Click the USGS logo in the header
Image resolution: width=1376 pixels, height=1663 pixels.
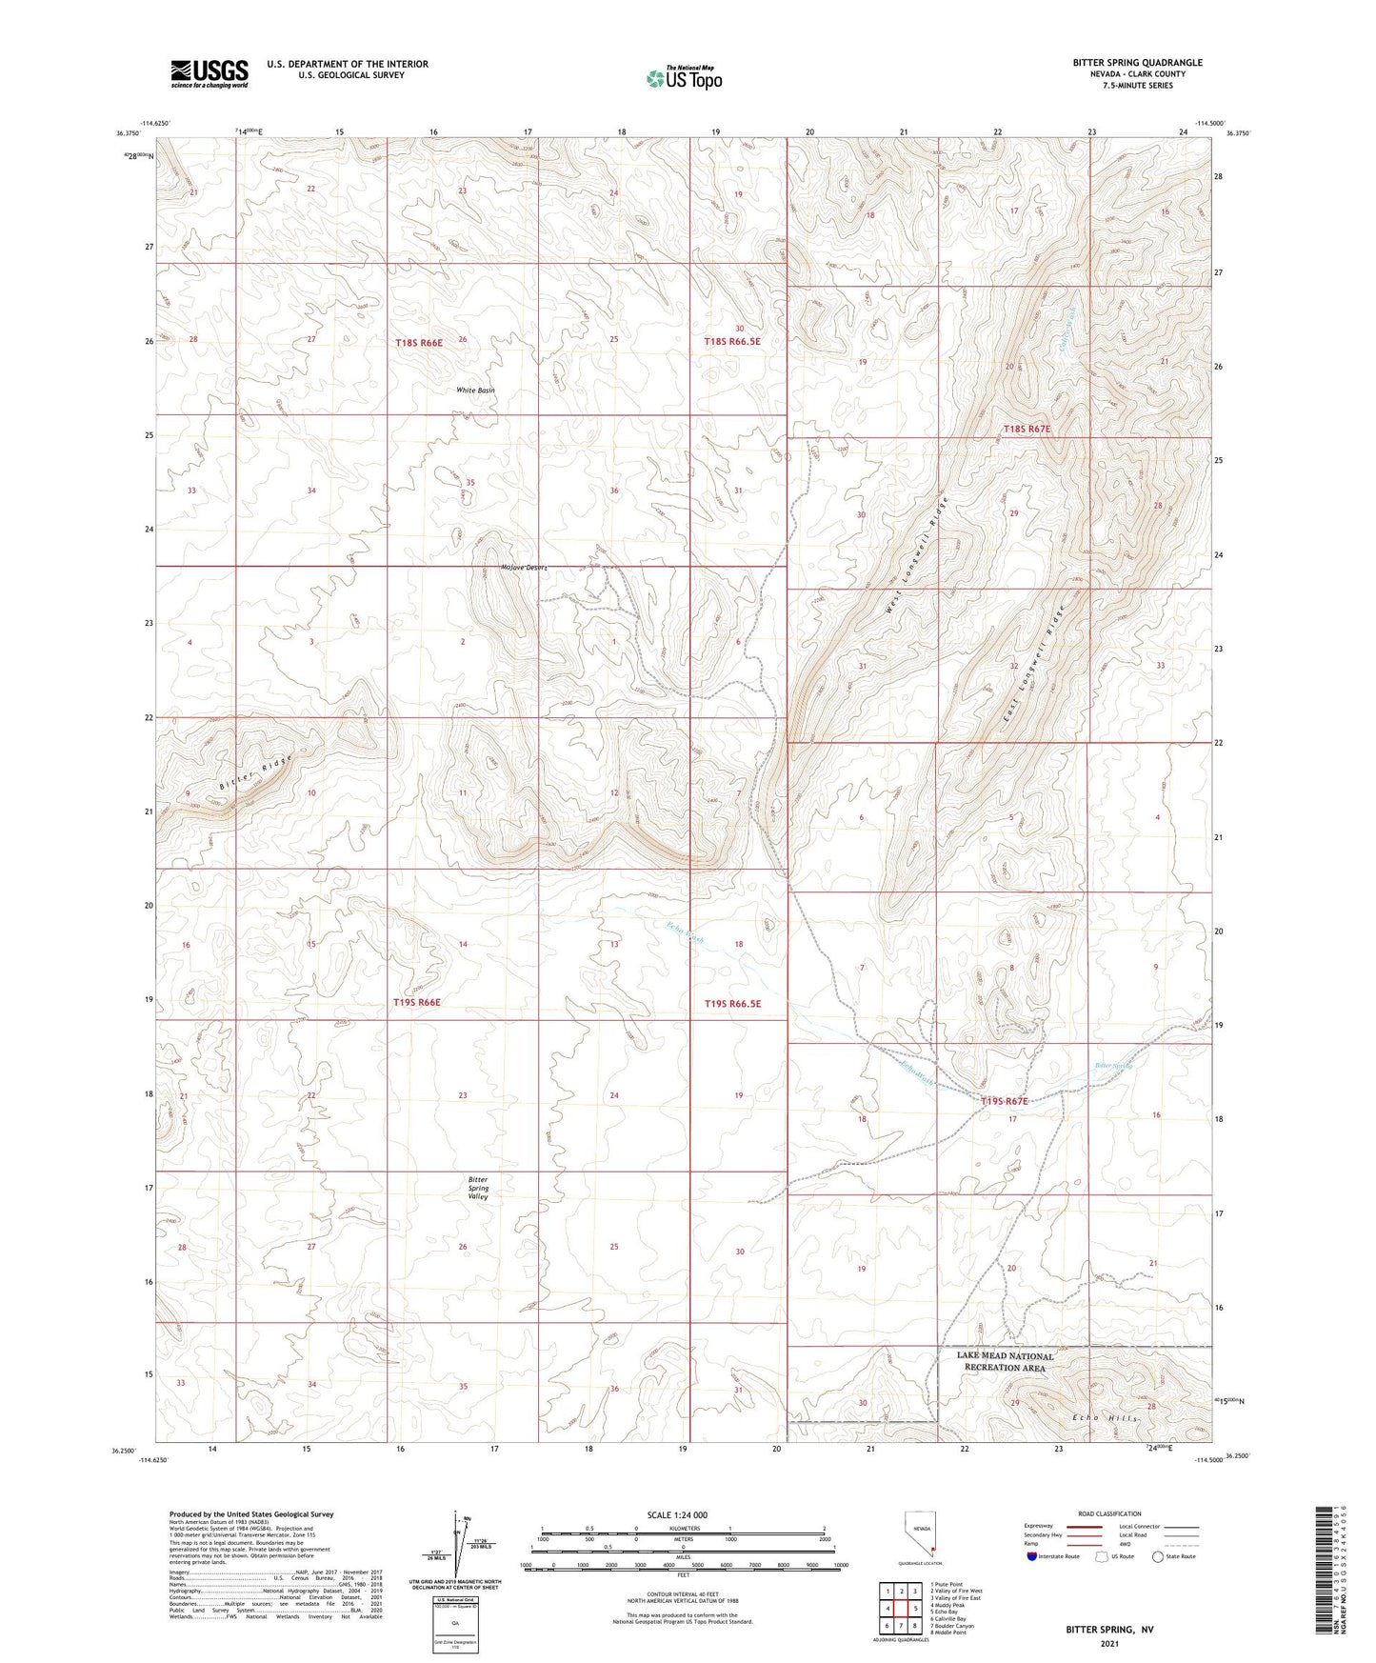[209, 73]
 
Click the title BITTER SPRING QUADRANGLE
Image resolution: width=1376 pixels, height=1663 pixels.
[1137, 63]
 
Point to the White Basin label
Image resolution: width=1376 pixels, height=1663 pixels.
[475, 391]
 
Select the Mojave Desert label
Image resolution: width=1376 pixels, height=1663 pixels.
[524, 568]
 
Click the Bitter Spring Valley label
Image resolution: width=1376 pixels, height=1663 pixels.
[478, 1188]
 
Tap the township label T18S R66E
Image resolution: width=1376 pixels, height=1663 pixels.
[418, 341]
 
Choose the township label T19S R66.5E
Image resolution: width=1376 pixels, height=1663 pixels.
[732, 1003]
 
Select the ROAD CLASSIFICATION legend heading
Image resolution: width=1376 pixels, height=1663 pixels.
[1109, 1513]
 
